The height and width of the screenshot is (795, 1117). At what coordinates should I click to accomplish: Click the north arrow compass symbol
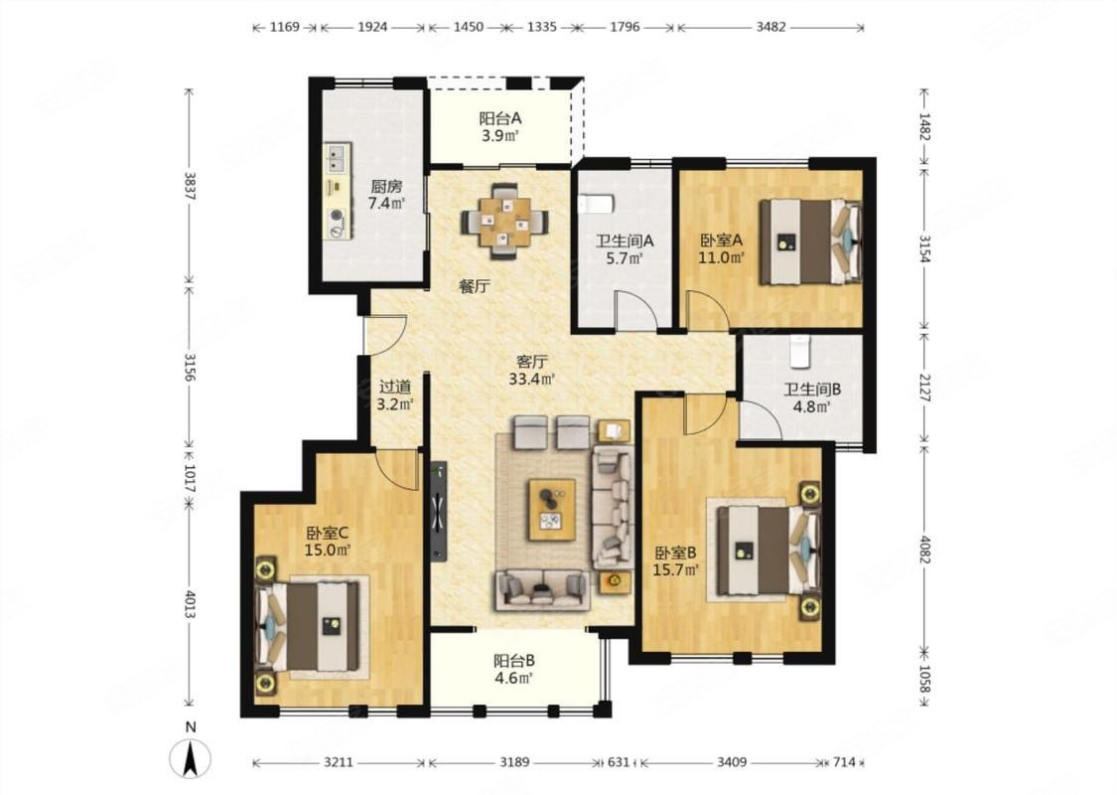tap(191, 758)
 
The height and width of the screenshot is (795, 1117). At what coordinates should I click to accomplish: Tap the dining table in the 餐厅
tap(505, 221)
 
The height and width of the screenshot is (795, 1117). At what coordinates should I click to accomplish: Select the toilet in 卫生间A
tap(597, 206)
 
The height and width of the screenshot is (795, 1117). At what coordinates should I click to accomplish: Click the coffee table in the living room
tap(551, 509)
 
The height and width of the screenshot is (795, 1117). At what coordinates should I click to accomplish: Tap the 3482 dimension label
tap(770, 27)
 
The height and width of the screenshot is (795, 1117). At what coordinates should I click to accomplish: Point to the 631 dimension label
tap(619, 762)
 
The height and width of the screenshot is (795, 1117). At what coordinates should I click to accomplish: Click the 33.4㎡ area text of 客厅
tap(531, 380)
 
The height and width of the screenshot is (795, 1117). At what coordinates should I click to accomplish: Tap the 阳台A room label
tap(500, 118)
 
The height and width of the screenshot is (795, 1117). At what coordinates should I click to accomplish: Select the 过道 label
tap(394, 388)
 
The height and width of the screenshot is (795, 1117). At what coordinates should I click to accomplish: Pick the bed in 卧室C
tap(308, 626)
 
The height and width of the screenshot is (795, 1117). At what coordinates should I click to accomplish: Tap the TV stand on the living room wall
tap(438, 511)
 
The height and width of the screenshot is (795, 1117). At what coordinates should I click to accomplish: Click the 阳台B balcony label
tap(514, 661)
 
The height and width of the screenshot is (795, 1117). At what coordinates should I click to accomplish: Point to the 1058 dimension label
tap(924, 680)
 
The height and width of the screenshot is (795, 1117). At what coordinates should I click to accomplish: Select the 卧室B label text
tap(675, 553)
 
